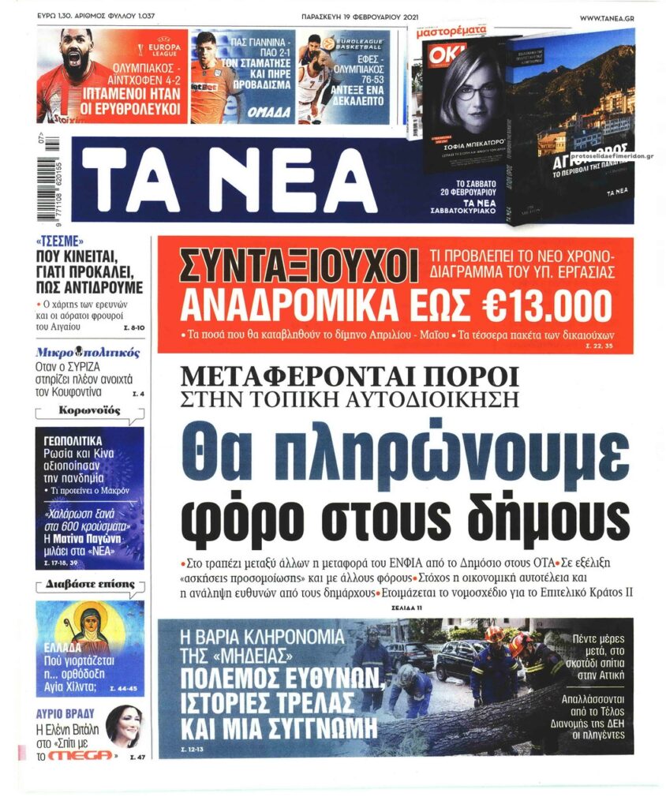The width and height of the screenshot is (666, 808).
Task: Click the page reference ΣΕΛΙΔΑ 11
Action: pyautogui.click(x=406, y=608)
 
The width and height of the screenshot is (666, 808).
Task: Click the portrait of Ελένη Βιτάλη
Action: pyautogui.click(x=125, y=724)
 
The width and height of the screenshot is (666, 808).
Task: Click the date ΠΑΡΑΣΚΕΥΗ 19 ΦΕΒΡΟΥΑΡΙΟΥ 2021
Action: pyautogui.click(x=359, y=17)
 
